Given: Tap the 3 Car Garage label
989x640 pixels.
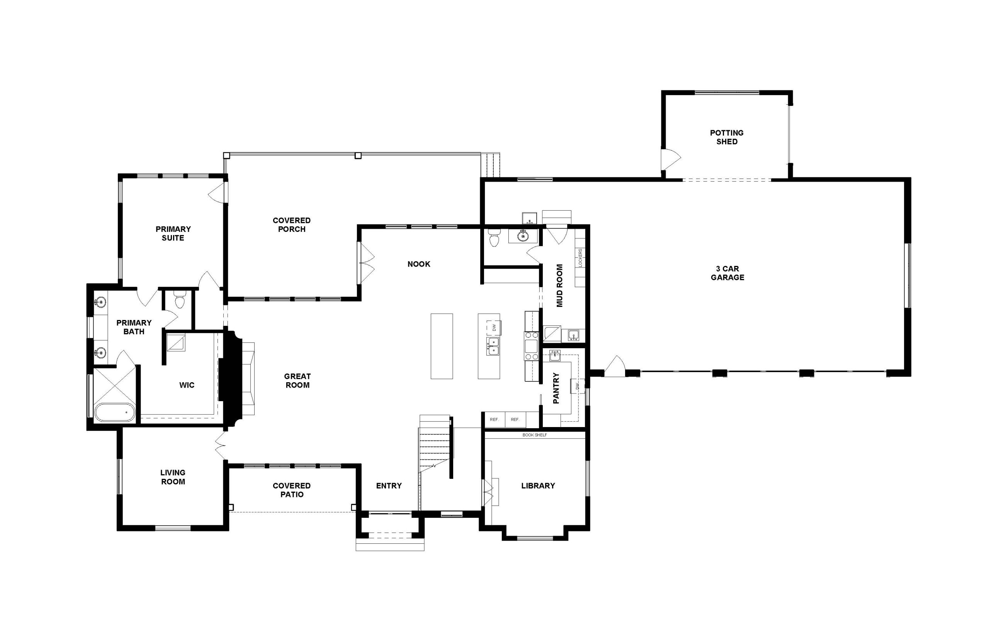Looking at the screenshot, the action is tap(727, 273).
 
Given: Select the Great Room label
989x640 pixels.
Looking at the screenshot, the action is tap(297, 381).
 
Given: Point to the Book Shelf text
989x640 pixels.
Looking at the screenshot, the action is tap(535, 435).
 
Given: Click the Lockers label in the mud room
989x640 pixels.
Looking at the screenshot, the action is tap(580, 258).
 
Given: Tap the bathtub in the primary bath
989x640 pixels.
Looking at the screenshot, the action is tap(115, 412).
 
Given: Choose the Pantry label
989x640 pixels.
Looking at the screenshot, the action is tap(556, 388).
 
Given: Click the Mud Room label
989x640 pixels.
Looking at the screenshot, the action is tap(559, 286).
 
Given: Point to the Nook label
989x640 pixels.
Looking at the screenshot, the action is tap(419, 264).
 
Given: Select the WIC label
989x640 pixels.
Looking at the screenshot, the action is tap(187, 385).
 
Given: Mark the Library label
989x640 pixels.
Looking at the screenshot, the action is tap(538, 485).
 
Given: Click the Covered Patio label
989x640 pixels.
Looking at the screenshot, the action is tap(292, 490).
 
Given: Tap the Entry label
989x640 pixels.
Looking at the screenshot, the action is tap(389, 485).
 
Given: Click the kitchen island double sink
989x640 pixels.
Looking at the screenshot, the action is tap(493, 346).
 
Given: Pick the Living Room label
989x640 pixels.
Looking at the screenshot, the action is tap(173, 477).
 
